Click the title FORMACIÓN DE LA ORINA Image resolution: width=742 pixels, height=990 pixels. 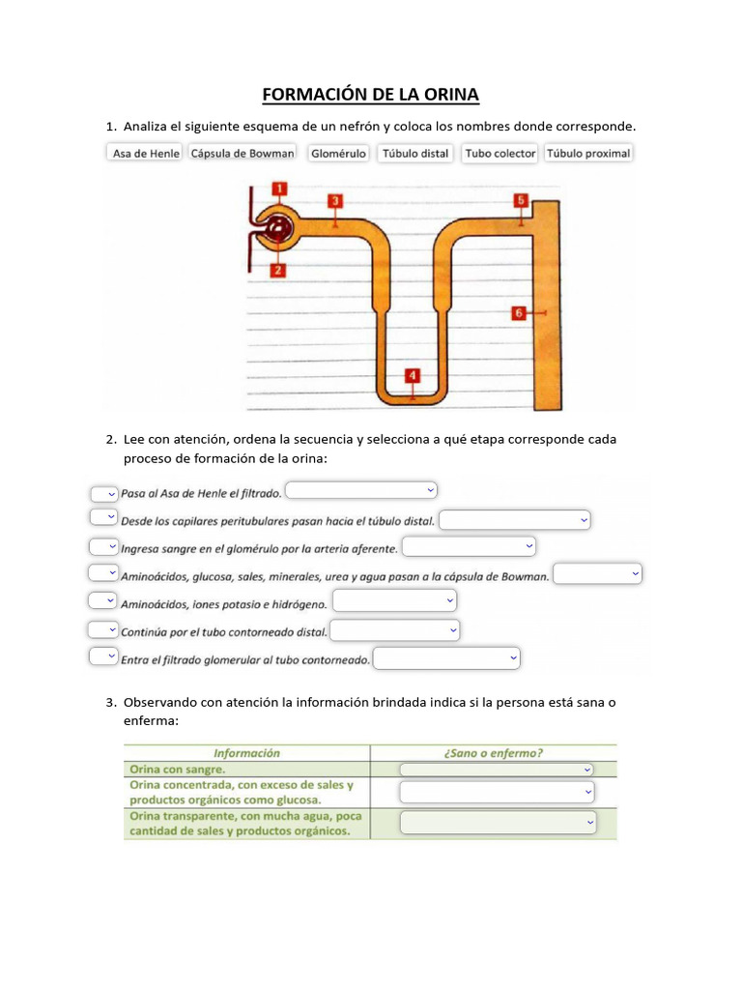pos(371,94)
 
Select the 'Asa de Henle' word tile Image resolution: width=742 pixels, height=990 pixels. pos(146,154)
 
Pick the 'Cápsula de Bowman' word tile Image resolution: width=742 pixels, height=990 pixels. pos(243,154)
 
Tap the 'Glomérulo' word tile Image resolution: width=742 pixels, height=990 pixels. pos(338,154)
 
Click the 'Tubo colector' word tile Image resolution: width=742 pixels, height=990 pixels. pos(500,154)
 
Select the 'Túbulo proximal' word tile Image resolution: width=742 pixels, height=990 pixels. pos(588,154)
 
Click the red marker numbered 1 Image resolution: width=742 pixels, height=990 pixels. pos(278,189)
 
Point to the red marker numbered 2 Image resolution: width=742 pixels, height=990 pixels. pos(277,271)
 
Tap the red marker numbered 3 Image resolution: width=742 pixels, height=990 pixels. pos(334,201)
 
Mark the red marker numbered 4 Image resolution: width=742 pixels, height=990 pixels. pos(413,375)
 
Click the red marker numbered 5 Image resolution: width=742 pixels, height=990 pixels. pos(521,200)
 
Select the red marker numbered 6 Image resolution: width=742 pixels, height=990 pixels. pos(519,313)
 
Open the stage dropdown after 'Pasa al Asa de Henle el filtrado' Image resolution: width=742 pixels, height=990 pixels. pos(362,490)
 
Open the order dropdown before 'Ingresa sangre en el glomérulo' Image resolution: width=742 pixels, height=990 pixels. pos(103,546)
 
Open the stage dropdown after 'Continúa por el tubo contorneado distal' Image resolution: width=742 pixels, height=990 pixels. pos(395,630)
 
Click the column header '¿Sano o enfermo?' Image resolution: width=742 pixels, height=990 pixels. pos(494,753)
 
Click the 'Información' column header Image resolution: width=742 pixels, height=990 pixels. pos(246,753)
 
